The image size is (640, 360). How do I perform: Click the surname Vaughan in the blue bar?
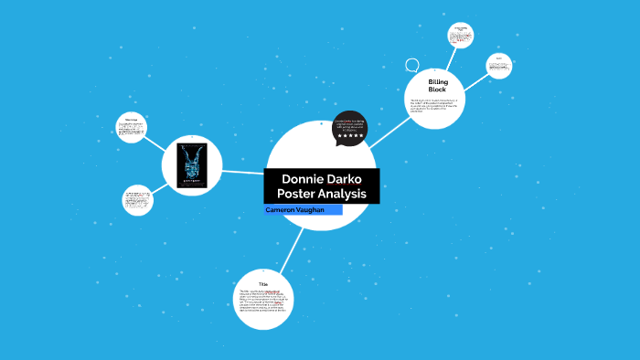tap(318, 210)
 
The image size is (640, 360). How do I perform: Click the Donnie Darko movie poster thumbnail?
tap(192, 165)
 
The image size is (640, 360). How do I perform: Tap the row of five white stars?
tap(350, 135)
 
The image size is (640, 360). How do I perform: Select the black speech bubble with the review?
tap(349, 126)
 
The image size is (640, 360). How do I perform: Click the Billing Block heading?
tap(436, 86)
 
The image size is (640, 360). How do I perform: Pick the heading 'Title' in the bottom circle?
tap(262, 284)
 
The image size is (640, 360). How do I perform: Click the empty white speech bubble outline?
tap(412, 65)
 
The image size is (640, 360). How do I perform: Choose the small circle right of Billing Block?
tap(498, 66)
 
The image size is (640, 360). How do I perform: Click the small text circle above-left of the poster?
tap(132, 127)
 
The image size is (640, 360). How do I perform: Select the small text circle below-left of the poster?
tap(137, 200)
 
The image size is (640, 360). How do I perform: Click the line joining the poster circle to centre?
tap(243, 171)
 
